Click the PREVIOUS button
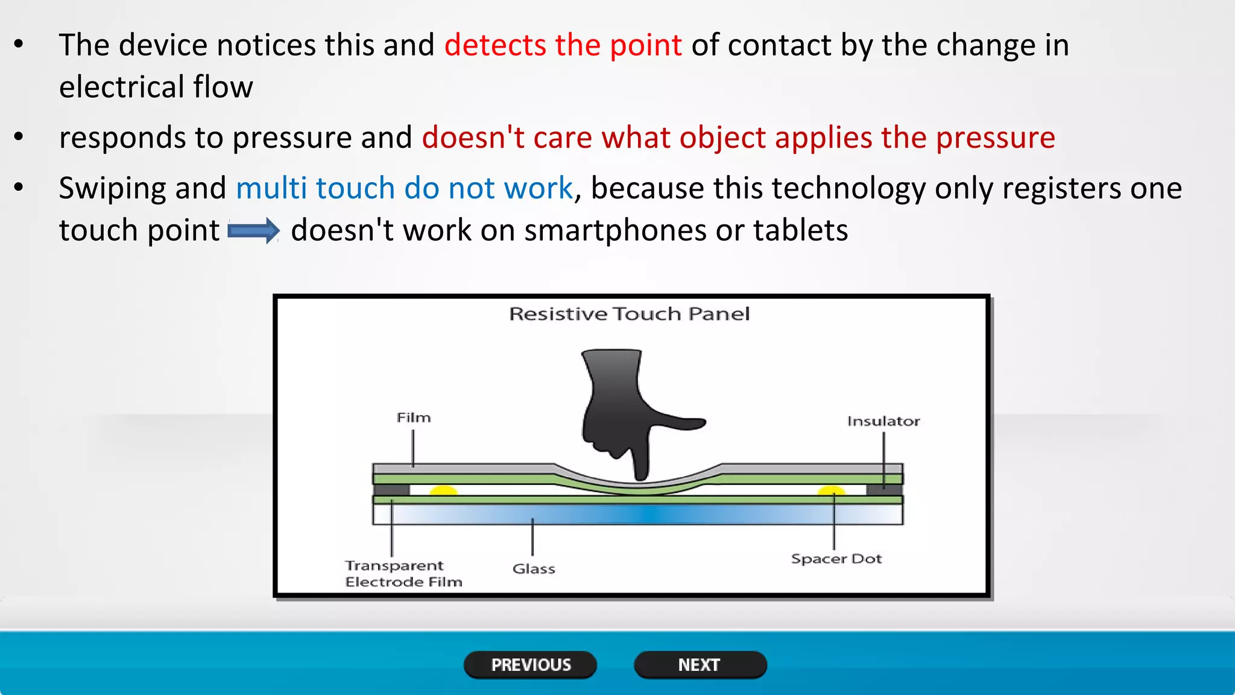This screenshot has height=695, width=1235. coord(530,665)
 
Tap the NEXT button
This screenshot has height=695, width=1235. coord(700,665)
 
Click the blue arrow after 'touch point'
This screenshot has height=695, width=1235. coord(253,231)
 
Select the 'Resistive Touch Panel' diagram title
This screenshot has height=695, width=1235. coord(629,314)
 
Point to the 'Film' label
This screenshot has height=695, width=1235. coord(414,417)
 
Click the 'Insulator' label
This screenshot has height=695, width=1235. coord(883,421)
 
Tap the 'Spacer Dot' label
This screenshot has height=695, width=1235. coord(836,559)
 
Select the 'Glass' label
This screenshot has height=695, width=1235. coord(534,568)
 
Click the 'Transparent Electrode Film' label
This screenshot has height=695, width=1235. coord(403,573)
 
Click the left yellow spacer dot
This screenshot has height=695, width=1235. coord(444,490)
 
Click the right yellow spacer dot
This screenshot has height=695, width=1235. coord(831,490)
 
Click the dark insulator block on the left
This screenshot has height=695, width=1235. coord(391,489)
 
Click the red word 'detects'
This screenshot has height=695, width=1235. coord(495,45)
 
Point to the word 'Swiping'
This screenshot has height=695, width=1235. coord(112,188)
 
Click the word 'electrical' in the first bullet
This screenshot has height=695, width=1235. coord(121,87)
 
